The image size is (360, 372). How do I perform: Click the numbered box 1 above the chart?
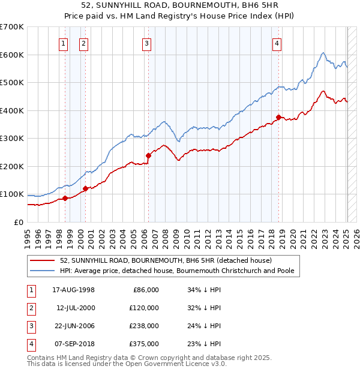pyautogui.click(x=64, y=43)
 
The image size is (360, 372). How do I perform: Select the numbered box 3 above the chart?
pyautogui.click(x=146, y=43)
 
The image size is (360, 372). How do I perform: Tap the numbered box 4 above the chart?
pyautogui.click(x=277, y=43)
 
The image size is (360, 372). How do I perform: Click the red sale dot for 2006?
pyautogui.click(x=148, y=155)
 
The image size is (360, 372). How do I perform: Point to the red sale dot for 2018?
pyautogui.click(x=278, y=118)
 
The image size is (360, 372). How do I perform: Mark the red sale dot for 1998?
pyautogui.click(x=65, y=198)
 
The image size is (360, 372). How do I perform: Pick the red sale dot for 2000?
pyautogui.click(x=85, y=188)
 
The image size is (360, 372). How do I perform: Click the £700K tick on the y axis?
pyautogui.click(x=12, y=27)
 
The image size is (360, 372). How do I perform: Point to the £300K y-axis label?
pyautogui.click(x=12, y=139)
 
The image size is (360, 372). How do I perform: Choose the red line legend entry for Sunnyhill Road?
pyautogui.click(x=166, y=260)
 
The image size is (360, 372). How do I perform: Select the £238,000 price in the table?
pyautogui.click(x=144, y=325)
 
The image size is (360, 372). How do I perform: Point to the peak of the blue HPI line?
pyautogui.click(x=323, y=53)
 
